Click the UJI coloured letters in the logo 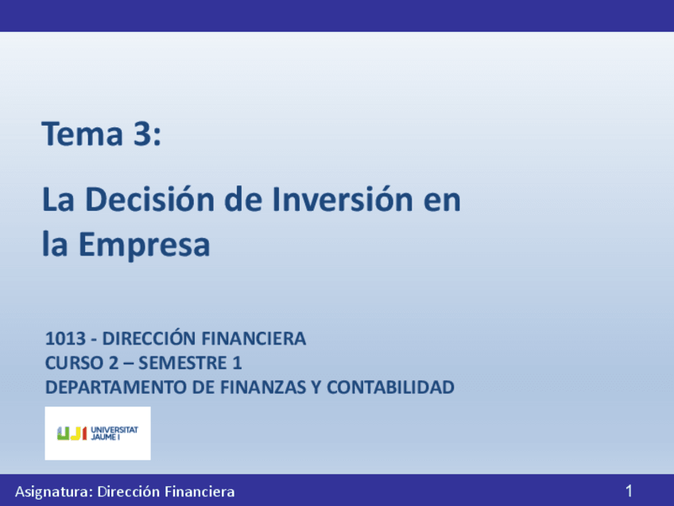click(x=72, y=433)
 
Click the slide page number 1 click(x=629, y=491)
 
